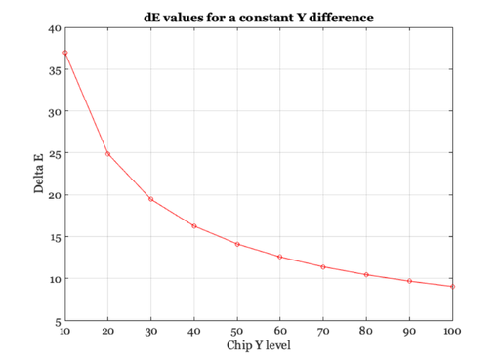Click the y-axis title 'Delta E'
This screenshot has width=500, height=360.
(40, 175)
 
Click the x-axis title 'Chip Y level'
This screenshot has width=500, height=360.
(259, 345)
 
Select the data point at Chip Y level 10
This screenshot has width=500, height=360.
(64, 53)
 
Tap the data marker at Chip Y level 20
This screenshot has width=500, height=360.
(107, 154)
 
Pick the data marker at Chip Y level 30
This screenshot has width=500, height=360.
(150, 199)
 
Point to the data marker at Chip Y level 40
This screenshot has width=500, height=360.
(194, 226)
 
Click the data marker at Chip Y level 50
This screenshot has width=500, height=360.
(237, 244)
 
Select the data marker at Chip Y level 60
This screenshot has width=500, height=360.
(280, 257)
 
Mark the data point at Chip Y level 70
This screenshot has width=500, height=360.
(323, 266)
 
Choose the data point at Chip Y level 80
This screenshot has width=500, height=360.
(366, 275)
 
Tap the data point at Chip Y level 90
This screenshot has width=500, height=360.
(410, 281)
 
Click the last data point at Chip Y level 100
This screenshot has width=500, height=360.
(453, 287)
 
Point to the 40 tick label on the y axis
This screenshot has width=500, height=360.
(55, 28)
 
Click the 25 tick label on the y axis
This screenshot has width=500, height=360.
(55, 153)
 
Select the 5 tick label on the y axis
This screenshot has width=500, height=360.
(58, 321)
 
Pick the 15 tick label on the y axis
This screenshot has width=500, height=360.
(55, 237)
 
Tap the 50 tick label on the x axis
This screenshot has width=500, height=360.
(237, 331)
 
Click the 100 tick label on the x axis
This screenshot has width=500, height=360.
(452, 331)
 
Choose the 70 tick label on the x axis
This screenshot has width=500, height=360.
(323, 331)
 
